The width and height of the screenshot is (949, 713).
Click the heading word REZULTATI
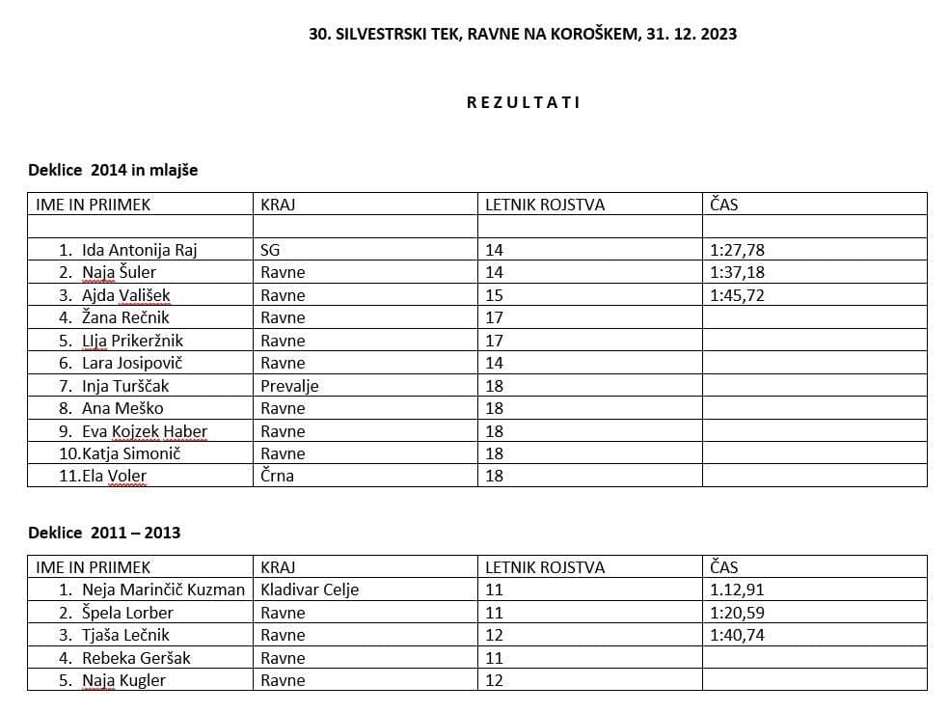pyautogui.click(x=523, y=102)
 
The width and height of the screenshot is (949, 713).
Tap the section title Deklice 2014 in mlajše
pyautogui.click(x=113, y=170)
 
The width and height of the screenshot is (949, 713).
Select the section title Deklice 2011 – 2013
pyautogui.click(x=104, y=533)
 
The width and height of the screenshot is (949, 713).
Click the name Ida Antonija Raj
pyautogui.click(x=139, y=250)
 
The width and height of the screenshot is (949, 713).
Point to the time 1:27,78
pyautogui.click(x=737, y=250)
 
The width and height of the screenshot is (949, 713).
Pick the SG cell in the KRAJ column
pyautogui.click(x=270, y=250)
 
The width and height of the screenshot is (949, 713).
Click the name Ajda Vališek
pyautogui.click(x=125, y=295)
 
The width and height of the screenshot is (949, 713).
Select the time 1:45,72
pyautogui.click(x=737, y=295)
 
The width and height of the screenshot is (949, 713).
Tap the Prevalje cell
pyautogui.click(x=289, y=386)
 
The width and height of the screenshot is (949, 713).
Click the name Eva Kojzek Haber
pyautogui.click(x=145, y=431)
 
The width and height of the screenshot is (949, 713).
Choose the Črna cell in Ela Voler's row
pyautogui.click(x=277, y=476)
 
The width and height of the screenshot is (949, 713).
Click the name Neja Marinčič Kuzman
pyautogui.click(x=163, y=590)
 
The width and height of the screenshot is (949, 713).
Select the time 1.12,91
pyautogui.click(x=737, y=590)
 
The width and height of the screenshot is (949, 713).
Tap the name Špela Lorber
pyautogui.click(x=127, y=613)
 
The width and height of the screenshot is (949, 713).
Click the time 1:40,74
pyautogui.click(x=737, y=635)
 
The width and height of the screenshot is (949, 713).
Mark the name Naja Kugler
pyautogui.click(x=123, y=680)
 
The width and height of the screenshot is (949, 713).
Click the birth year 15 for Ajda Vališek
pyautogui.click(x=494, y=295)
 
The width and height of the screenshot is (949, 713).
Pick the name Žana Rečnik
pyautogui.click(x=125, y=317)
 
